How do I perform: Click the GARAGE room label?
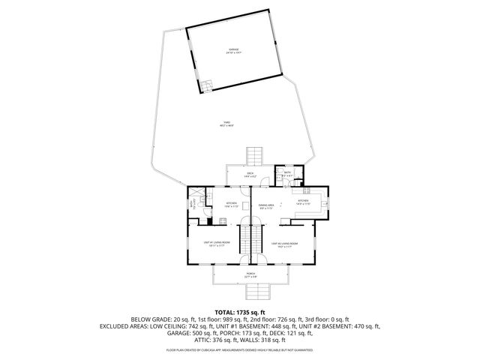tap(234, 51)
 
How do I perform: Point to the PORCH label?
tap(250, 275)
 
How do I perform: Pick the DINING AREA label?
tap(264, 205)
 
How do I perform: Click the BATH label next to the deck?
tap(286, 174)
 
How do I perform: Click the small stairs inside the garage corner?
tap(207, 85)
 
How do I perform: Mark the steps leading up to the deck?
tap(255, 156)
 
